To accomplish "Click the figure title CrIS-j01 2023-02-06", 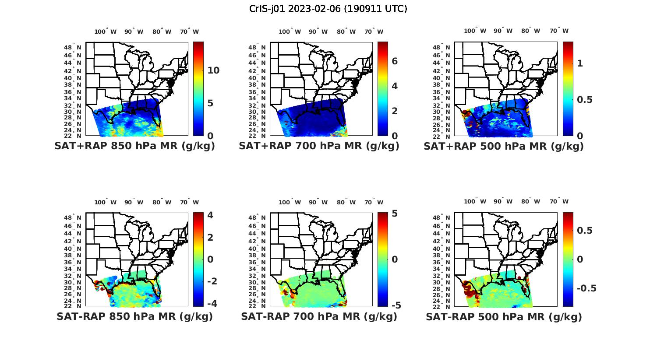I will pyautogui.click(x=328, y=9).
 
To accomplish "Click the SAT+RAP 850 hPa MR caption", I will pyautogui.click(x=134, y=146).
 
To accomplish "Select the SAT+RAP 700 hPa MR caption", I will pyautogui.click(x=319, y=146).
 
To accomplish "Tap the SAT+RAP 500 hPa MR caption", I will pyautogui.click(x=503, y=146).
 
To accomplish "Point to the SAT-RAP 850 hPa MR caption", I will pyautogui.click(x=134, y=316).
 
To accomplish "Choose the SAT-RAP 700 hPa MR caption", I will pyautogui.click(x=319, y=316).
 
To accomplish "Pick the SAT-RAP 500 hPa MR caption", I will pyautogui.click(x=504, y=316).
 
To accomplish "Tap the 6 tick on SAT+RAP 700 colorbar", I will pyautogui.click(x=395, y=61).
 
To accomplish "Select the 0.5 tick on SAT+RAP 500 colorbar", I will pyautogui.click(x=585, y=100).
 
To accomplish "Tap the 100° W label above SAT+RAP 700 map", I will pyautogui.click(x=290, y=32).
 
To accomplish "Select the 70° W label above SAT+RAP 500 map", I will pyautogui.click(x=559, y=31).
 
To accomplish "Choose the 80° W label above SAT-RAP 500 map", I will pyautogui.click(x=530, y=202).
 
